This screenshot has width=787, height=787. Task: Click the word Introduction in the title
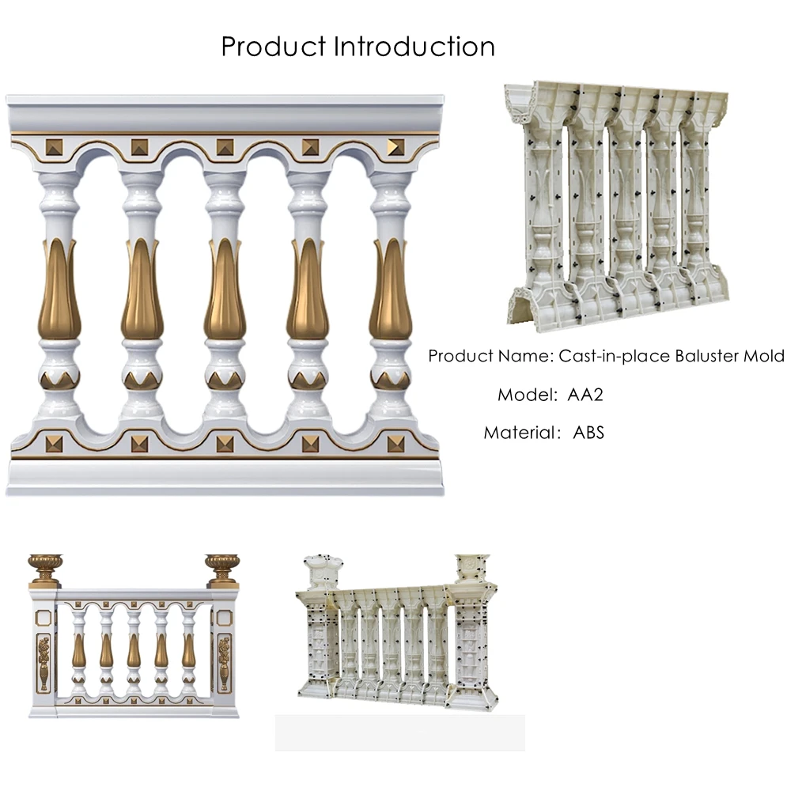[x=414, y=46]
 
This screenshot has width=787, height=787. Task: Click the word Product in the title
[x=274, y=46]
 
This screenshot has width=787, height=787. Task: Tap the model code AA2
[x=586, y=394]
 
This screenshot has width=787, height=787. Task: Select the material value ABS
[x=588, y=432]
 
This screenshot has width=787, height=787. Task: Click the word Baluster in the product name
[x=706, y=356]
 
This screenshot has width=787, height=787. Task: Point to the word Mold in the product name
[x=763, y=356]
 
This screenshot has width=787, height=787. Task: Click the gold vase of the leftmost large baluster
[x=59, y=291]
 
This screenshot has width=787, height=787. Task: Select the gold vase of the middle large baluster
[x=225, y=291]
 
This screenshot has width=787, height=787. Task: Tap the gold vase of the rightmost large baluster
[x=391, y=291]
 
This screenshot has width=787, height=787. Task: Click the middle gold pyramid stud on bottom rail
[x=225, y=443]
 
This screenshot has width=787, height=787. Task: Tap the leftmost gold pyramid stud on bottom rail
[x=54, y=443]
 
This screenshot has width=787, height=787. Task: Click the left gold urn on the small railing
[x=45, y=568]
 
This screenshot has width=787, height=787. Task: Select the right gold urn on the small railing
[x=222, y=568]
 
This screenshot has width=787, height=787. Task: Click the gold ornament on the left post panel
[x=44, y=663]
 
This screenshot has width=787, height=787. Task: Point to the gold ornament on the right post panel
[x=225, y=663]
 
